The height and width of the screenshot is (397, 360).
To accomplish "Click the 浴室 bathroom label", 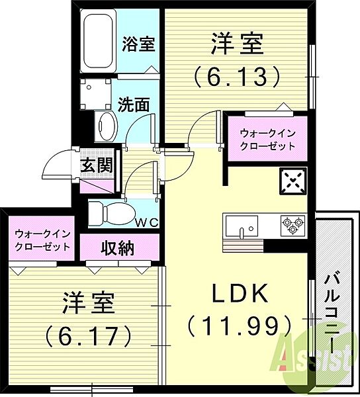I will click(x=139, y=45).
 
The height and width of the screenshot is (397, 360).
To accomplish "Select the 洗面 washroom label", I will click(x=133, y=104).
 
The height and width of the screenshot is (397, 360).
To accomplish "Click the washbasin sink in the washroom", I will click(x=105, y=125).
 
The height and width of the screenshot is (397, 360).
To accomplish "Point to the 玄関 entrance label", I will click(x=96, y=165).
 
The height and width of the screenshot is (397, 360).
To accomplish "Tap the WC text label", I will click(x=148, y=222).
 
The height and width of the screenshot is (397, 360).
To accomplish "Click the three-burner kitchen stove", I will click(x=291, y=226).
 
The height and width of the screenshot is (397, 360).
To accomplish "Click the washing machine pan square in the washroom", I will click(x=97, y=94).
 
